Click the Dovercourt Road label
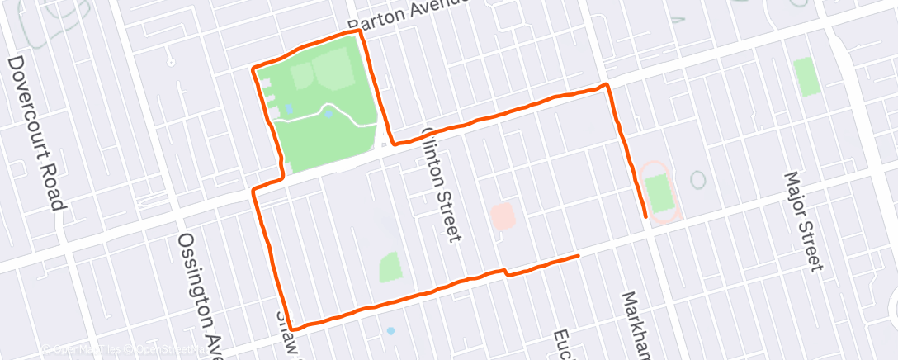(36, 133)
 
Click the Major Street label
(804, 220)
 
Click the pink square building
(503, 217)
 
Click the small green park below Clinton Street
(391, 267)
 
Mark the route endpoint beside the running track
(645, 216)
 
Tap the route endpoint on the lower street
(577, 256)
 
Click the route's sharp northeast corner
(607, 85)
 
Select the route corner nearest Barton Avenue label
(360, 33)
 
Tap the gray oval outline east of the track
(698, 179)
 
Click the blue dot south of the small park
(390, 330)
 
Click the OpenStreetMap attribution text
(169, 349)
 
